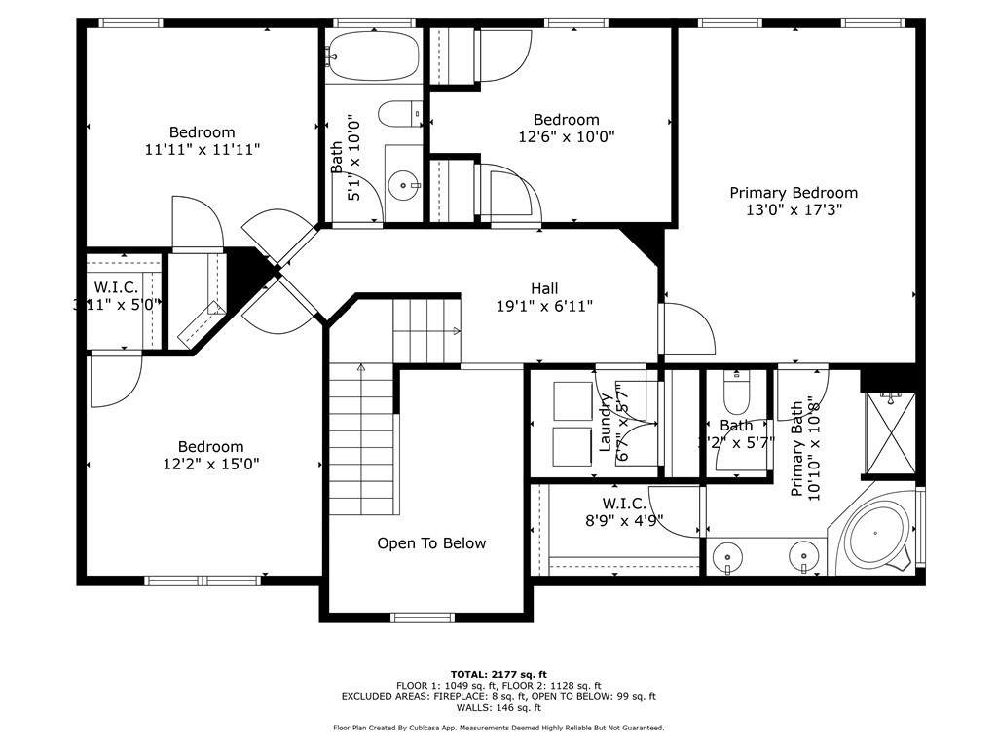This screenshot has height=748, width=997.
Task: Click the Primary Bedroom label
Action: tap(794, 193)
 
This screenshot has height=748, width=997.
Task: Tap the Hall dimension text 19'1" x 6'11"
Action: tap(544, 306)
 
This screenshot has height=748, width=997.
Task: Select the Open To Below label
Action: tap(431, 543)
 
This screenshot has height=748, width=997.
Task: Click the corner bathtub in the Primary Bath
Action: tap(875, 536)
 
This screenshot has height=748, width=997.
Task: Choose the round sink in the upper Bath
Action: tap(402, 183)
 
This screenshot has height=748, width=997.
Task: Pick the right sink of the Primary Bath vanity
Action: tap(802, 558)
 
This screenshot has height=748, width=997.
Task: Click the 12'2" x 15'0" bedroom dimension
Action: tap(210, 464)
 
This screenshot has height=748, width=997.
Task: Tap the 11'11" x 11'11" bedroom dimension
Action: tap(203, 149)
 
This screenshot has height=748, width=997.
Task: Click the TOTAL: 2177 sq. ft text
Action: tap(498, 674)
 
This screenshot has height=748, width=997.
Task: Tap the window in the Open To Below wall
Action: tap(422, 617)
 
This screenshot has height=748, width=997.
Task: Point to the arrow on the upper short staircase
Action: tap(456, 331)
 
